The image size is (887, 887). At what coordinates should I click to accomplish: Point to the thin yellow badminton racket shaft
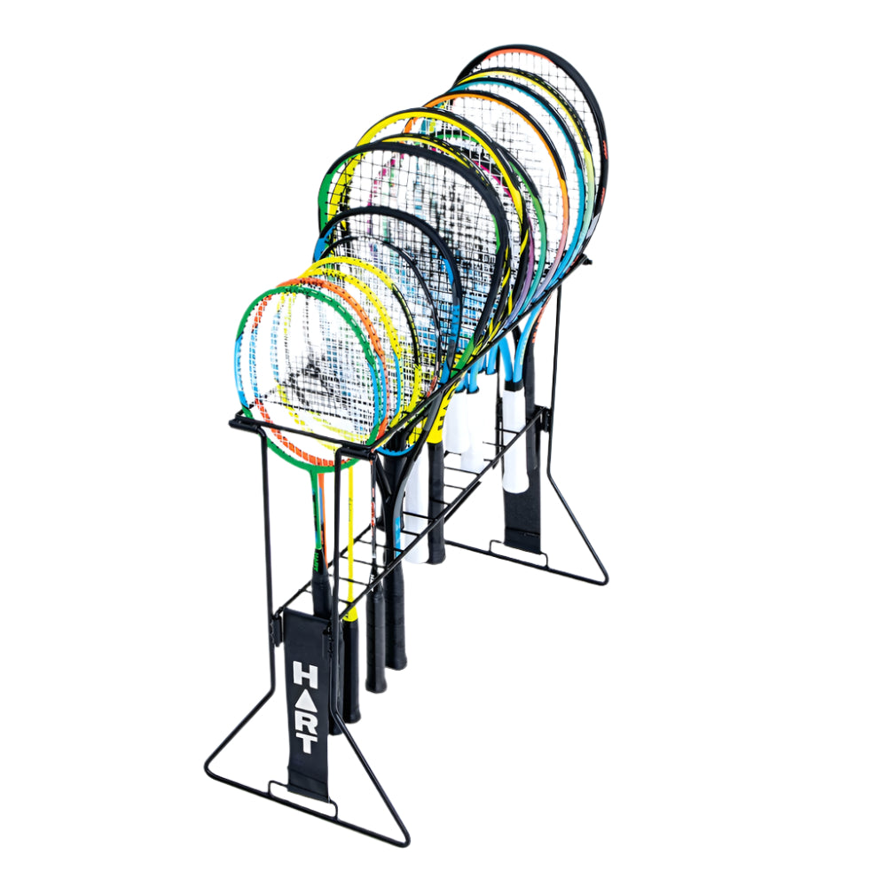coord(350,538)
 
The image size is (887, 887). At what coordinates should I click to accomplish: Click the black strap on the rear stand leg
coord(522,518)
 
